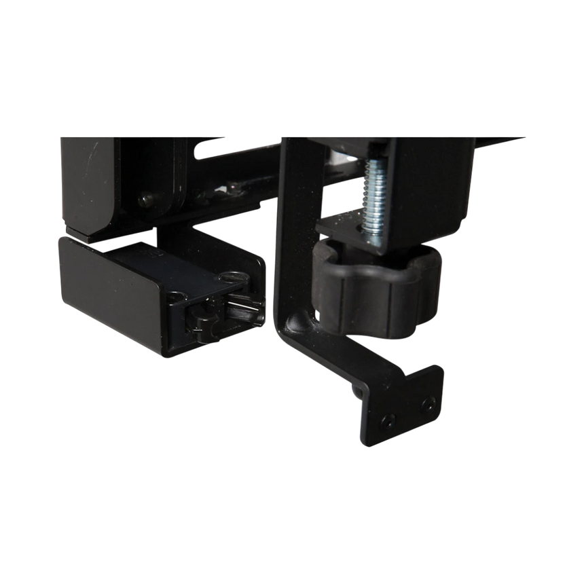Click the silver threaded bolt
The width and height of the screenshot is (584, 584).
pyautogui.click(x=373, y=197)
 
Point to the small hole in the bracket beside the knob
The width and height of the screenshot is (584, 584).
pyautogui.click(x=316, y=314)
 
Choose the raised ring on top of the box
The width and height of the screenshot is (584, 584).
pyautogui.click(x=231, y=276)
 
